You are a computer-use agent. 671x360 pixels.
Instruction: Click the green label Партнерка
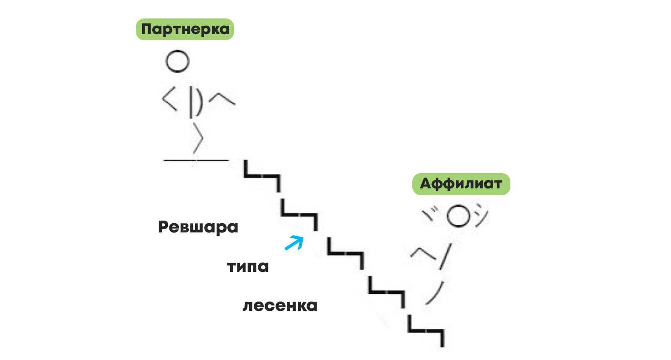coord(185,29)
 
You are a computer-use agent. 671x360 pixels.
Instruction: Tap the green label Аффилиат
coord(461,184)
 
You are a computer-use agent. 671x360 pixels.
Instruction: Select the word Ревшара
coord(198,227)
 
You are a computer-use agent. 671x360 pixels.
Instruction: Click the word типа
coord(248,266)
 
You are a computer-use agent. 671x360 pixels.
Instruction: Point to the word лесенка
coord(280,305)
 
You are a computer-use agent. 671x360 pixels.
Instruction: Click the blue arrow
coord(294,243)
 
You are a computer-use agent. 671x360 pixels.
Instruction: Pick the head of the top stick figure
coord(177,61)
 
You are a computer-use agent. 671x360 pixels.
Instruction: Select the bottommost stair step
coord(426,331)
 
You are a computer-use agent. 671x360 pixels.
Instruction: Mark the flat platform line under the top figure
coord(196,160)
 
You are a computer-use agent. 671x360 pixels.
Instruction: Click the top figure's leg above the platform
coord(198,137)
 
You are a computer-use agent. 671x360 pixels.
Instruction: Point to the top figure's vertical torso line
coord(191,102)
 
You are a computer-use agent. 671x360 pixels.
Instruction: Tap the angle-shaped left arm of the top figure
coord(169,101)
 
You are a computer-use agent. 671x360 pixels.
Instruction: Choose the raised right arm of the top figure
coord(222,99)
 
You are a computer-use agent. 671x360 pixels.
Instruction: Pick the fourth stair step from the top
coord(386,291)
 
